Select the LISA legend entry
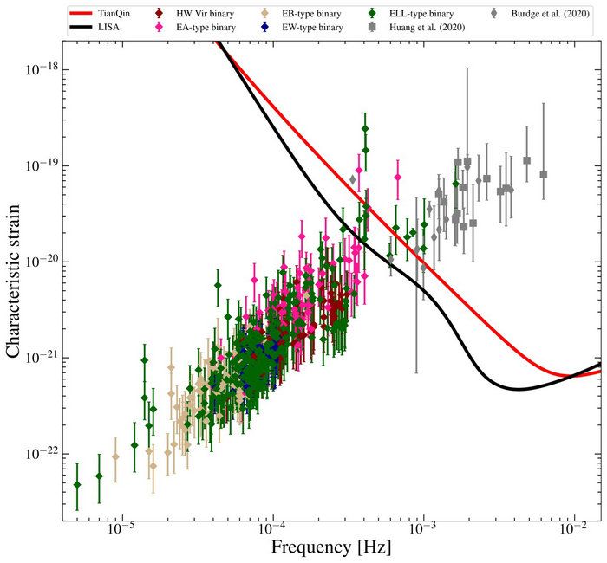tap(109, 28)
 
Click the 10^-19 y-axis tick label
tap(37, 165)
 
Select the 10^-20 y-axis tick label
tap(37, 262)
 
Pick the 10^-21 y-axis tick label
tap(37, 358)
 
